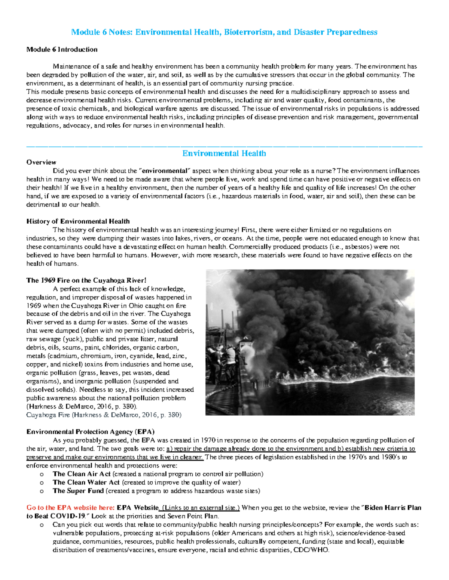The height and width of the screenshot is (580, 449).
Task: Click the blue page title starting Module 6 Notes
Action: (224, 32)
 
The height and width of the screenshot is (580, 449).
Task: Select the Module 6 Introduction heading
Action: (62, 49)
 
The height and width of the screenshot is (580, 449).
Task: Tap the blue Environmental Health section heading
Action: (224, 153)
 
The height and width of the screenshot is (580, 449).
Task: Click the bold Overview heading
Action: (41, 162)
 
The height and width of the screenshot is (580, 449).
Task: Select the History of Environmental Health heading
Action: (78, 221)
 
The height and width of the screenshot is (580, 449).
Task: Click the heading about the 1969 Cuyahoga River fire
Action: (86, 280)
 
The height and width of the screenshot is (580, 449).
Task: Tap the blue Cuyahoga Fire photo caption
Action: (104, 415)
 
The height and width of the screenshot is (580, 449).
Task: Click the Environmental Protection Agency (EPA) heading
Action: (90, 432)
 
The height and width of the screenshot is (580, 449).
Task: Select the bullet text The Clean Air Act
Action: (81, 474)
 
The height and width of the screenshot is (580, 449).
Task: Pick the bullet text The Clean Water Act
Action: (86, 482)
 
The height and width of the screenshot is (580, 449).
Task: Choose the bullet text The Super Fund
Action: (78, 491)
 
